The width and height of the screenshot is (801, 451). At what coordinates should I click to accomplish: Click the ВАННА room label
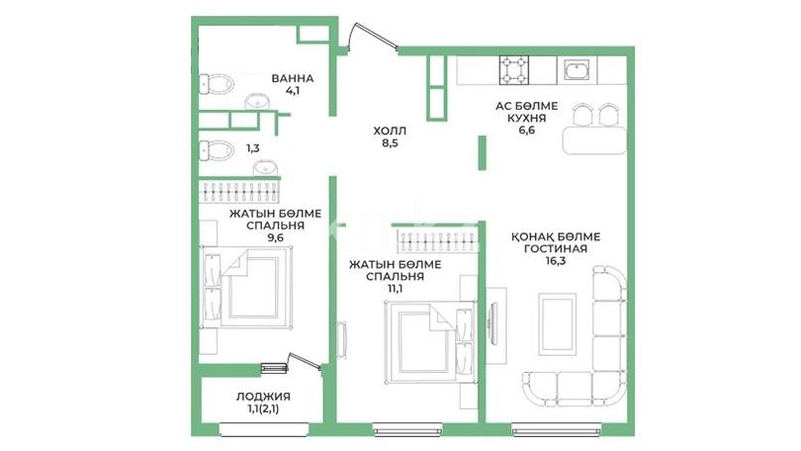click(x=292, y=79)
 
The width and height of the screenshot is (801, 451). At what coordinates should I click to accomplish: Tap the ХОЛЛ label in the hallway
click(x=390, y=132)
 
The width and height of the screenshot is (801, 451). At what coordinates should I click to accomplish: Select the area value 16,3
click(x=556, y=261)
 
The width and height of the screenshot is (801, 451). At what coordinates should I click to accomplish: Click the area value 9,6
click(x=275, y=237)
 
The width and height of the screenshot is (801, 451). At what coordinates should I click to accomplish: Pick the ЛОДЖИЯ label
click(x=263, y=397)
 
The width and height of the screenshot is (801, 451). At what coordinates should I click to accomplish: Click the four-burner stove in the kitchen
click(x=514, y=70)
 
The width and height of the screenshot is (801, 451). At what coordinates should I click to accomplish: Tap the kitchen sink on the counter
click(x=578, y=70)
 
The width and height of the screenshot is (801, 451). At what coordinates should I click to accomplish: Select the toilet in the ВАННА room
click(x=216, y=83)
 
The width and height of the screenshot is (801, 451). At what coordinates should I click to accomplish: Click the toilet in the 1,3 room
click(x=216, y=150)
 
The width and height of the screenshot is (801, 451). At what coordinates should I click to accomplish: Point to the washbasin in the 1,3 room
click(x=266, y=167)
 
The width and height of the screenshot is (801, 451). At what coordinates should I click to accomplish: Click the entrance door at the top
click(x=372, y=36)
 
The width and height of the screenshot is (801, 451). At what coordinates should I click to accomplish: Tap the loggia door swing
click(x=305, y=361)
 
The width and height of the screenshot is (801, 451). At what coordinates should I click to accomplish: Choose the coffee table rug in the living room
click(x=558, y=323)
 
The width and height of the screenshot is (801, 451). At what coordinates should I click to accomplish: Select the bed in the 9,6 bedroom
click(x=247, y=287)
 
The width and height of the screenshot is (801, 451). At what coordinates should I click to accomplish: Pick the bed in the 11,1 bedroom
click(x=430, y=341)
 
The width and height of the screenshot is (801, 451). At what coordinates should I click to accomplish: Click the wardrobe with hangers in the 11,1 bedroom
click(x=438, y=240)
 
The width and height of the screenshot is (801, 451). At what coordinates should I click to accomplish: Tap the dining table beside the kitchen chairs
click(x=594, y=139)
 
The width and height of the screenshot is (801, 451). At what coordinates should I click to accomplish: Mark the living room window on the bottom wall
click(x=557, y=429)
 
